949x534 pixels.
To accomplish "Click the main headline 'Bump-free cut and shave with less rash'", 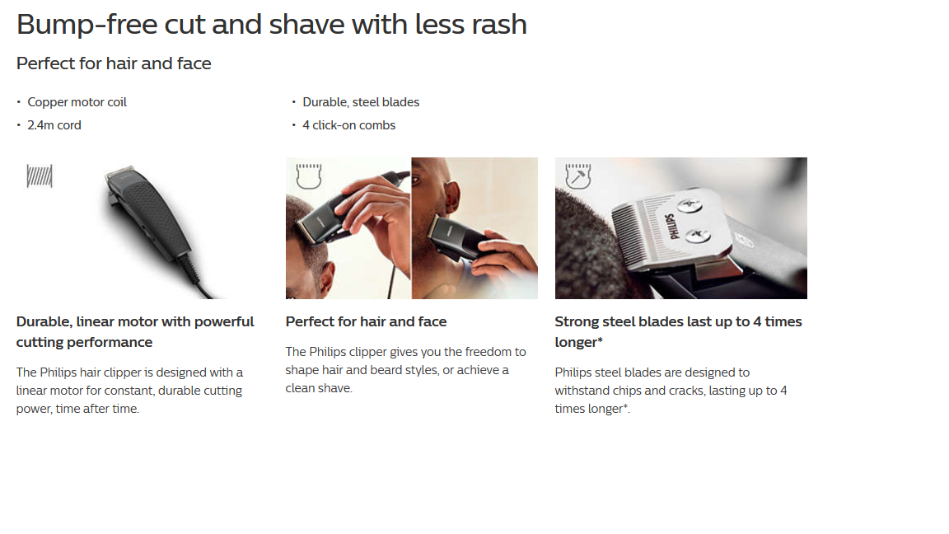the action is pyautogui.click(x=272, y=25).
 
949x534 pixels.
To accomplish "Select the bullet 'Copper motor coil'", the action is pyautogui.click(x=77, y=102).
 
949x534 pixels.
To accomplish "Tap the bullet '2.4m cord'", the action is pyautogui.click(x=54, y=125).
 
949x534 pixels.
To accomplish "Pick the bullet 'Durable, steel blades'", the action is pyautogui.click(x=361, y=102).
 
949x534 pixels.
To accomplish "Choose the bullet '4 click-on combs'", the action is pyautogui.click(x=348, y=125).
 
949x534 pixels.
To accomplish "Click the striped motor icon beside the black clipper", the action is pyautogui.click(x=40, y=176).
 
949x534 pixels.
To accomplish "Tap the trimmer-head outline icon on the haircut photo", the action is pyautogui.click(x=309, y=176).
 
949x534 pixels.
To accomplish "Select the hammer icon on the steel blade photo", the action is pyautogui.click(x=578, y=176).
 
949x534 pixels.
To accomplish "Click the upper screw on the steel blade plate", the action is pyautogui.click(x=690, y=207).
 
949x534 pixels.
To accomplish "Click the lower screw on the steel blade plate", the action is pyautogui.click(x=697, y=235).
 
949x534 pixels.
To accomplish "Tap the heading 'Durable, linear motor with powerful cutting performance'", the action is pyautogui.click(x=135, y=332).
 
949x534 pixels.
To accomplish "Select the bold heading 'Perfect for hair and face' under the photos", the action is pyautogui.click(x=366, y=321).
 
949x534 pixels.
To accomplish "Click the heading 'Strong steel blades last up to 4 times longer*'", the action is pyautogui.click(x=679, y=332).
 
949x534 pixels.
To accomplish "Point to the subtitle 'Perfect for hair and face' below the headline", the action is pyautogui.click(x=114, y=63).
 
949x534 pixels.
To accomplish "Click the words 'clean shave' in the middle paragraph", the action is pyautogui.click(x=318, y=388).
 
